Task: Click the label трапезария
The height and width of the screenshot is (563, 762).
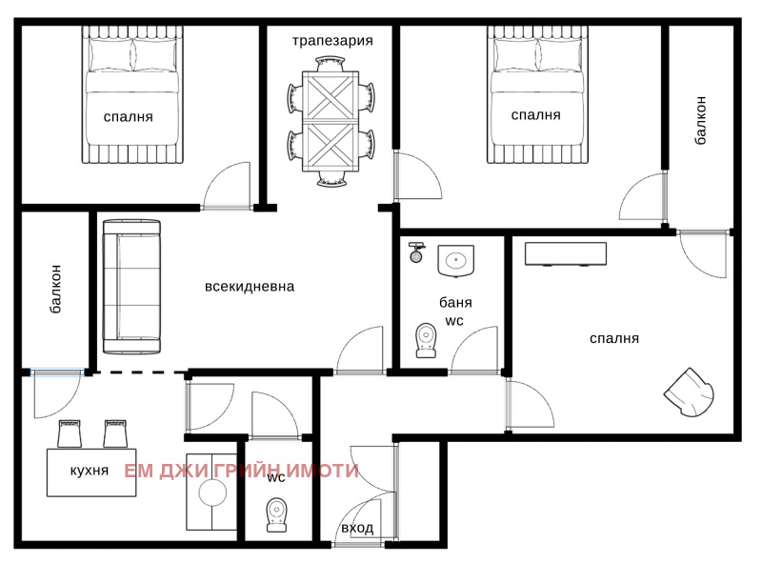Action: click(x=331, y=41)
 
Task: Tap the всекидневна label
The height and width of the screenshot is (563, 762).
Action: click(x=250, y=286)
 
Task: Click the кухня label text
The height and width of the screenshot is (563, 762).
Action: click(x=90, y=471)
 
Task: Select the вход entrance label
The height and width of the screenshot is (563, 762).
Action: click(x=357, y=529)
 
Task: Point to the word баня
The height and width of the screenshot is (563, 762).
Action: click(x=455, y=303)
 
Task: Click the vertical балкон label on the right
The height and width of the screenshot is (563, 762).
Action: click(x=701, y=120)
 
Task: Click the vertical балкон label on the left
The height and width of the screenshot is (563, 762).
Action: click(x=56, y=290)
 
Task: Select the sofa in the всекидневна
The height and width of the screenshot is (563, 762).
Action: click(x=131, y=285)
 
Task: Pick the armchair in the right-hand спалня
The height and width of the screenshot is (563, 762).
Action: click(x=690, y=392)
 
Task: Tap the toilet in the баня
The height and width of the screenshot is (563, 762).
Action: click(x=426, y=340)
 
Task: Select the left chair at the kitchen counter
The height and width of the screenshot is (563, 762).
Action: click(x=70, y=433)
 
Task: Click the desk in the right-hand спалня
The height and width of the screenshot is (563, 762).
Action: click(x=565, y=254)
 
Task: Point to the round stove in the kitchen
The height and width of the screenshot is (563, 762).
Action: click(x=211, y=493)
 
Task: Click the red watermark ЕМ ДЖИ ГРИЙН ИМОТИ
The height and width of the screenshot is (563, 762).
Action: click(x=242, y=471)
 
